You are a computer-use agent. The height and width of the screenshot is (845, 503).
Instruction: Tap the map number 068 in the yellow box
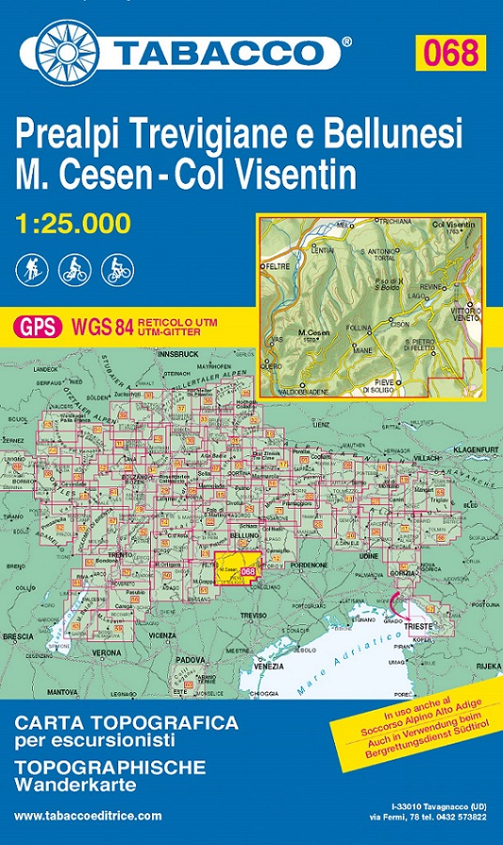point(450,52)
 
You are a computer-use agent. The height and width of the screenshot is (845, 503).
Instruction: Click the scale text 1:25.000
point(73,223)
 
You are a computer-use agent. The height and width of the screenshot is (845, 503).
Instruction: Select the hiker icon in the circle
point(30,270)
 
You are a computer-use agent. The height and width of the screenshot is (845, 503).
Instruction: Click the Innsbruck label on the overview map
point(180,354)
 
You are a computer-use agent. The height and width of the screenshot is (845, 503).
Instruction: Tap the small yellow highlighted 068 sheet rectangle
point(238,571)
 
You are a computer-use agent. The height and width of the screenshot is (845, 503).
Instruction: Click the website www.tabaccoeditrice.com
point(87,816)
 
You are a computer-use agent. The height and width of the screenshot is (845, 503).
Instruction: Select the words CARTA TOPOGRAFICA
point(127,723)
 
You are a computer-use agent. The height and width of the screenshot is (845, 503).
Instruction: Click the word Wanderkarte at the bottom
point(76,783)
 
